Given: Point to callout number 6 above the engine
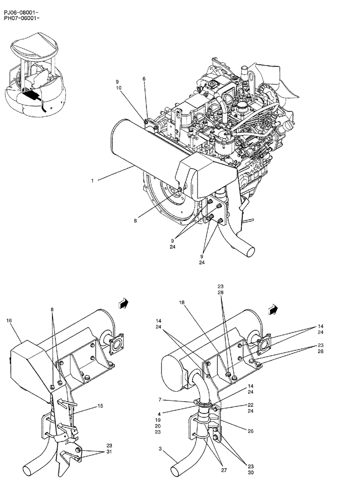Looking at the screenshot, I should pos(144,79).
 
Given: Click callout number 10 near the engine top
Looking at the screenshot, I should pos(118,88).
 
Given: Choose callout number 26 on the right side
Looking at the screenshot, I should pos(251,431).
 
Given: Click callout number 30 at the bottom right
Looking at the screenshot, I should pos(251,471).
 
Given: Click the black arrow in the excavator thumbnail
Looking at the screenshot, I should pos(30,94).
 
